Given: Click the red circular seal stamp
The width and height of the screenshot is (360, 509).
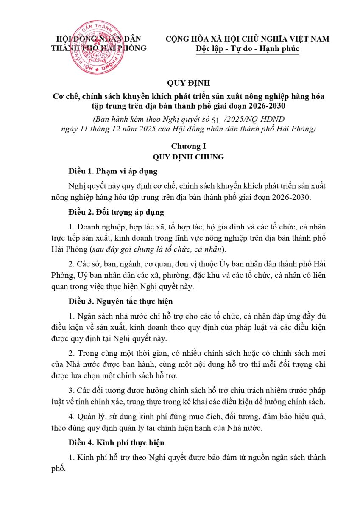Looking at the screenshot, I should (95, 47).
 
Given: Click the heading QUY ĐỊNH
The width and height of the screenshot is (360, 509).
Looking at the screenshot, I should (180, 83).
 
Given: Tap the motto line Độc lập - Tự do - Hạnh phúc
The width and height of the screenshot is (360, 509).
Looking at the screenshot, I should (248, 49).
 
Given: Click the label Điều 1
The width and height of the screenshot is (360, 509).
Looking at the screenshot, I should (80, 172).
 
